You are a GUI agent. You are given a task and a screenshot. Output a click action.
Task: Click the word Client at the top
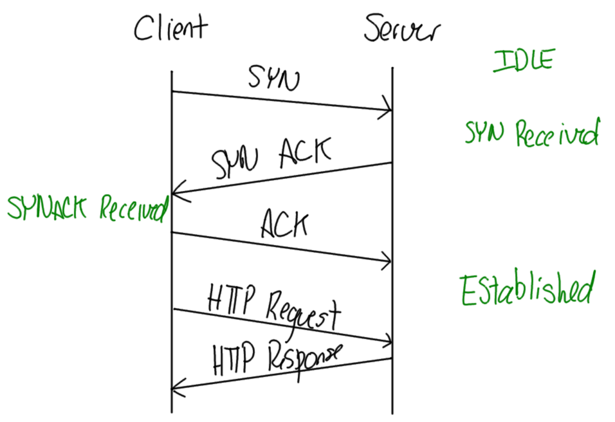(x=171, y=29)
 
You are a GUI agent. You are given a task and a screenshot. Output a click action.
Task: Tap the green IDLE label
(x=523, y=60)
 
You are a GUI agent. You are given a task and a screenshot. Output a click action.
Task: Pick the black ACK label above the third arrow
(x=284, y=225)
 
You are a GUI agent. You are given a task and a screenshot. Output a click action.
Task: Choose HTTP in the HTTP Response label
(x=235, y=358)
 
